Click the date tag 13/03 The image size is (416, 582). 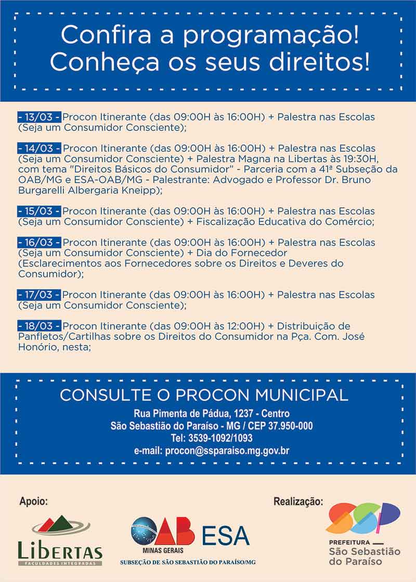[39, 117]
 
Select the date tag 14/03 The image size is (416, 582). [39, 149]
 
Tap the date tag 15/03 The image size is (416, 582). [39, 211]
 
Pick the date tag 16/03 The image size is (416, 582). [39, 243]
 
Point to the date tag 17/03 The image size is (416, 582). [39, 295]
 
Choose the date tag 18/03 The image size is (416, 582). [39, 326]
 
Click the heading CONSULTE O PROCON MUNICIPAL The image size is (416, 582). [204, 395]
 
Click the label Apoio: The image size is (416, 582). [33, 502]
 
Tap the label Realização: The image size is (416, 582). [298, 502]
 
